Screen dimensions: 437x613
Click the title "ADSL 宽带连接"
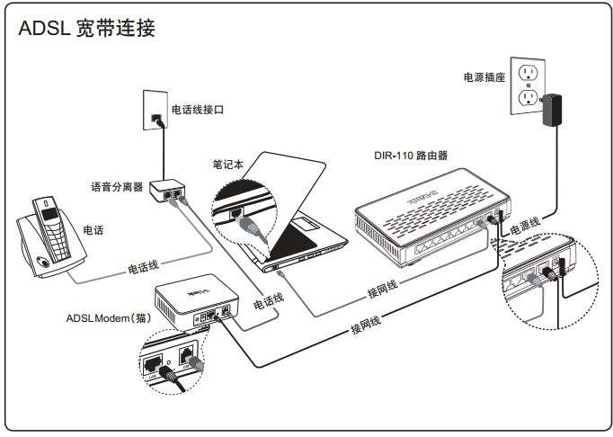(87, 29)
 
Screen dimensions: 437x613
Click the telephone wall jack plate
(155, 108)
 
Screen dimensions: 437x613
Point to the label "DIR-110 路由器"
(411, 155)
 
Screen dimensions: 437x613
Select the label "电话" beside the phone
(93, 230)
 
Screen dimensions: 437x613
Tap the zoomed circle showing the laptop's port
(243, 213)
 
